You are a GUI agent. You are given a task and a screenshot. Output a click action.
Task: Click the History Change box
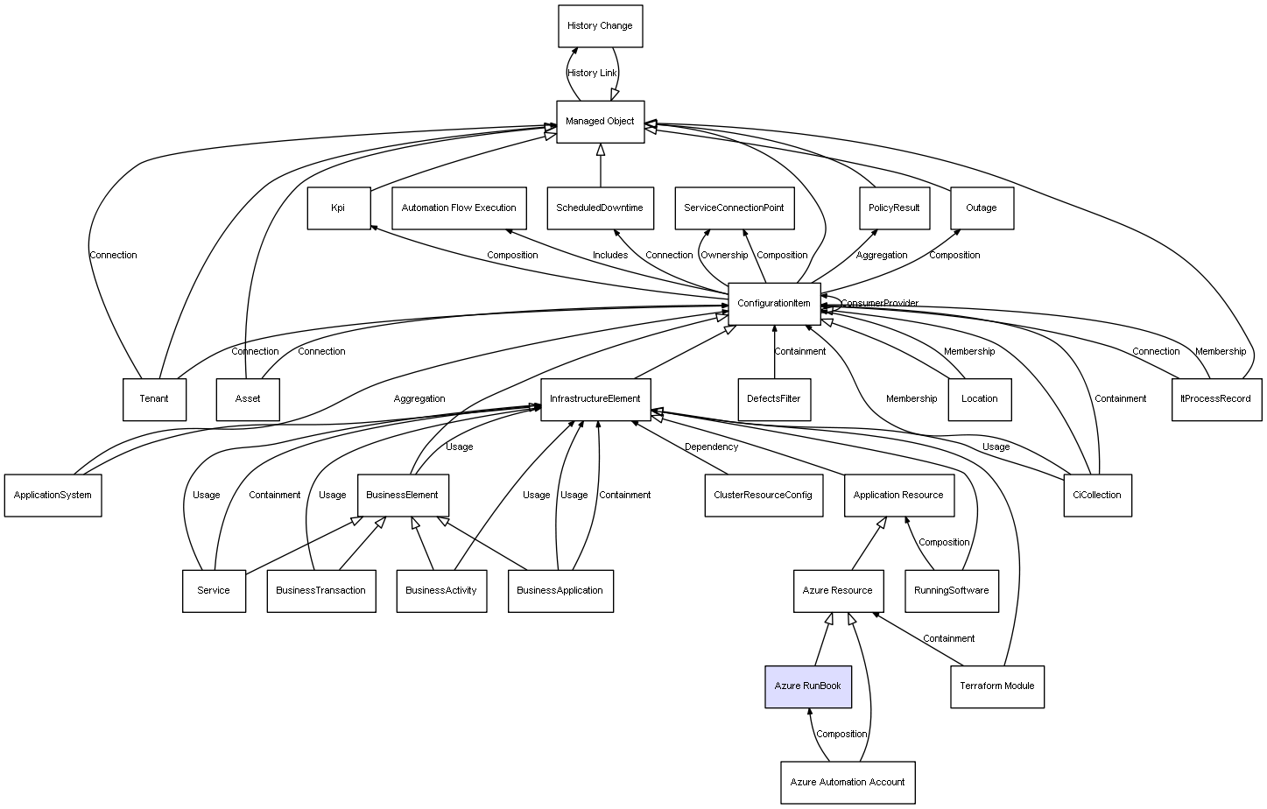[x=600, y=26]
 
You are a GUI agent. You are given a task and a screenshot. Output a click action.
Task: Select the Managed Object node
[x=600, y=122]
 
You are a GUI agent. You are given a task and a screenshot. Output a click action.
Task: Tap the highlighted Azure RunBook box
[x=807, y=686]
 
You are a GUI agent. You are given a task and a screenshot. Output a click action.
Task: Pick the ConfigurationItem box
[x=774, y=304]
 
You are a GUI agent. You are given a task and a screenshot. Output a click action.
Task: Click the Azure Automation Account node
[x=848, y=783]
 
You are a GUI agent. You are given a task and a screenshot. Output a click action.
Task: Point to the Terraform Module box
[x=996, y=686]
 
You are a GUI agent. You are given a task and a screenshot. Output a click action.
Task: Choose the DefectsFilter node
[x=774, y=399]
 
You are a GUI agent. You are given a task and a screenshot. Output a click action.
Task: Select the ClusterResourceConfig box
[x=763, y=496]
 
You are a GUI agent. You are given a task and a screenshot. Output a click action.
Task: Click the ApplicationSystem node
[x=53, y=496]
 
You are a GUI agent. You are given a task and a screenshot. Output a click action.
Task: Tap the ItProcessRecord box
[x=1215, y=399]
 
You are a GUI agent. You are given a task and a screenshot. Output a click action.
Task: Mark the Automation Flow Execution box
[x=459, y=208]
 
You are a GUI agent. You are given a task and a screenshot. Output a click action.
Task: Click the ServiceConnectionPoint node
[x=734, y=208]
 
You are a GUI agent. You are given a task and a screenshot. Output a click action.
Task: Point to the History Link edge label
[x=592, y=73]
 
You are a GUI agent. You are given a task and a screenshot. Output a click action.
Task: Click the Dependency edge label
[x=711, y=447]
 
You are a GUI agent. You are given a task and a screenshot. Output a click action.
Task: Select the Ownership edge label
[x=724, y=255]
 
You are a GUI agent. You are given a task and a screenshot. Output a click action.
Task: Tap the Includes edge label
[x=609, y=255]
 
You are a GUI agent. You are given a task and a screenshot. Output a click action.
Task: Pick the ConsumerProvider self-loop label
[x=880, y=303]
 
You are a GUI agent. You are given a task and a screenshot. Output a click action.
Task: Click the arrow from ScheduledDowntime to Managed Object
[x=601, y=165]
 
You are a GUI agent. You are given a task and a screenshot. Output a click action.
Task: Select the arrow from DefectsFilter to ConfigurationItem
[x=774, y=352]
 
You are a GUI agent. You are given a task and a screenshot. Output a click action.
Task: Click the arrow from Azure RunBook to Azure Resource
[x=824, y=639]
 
